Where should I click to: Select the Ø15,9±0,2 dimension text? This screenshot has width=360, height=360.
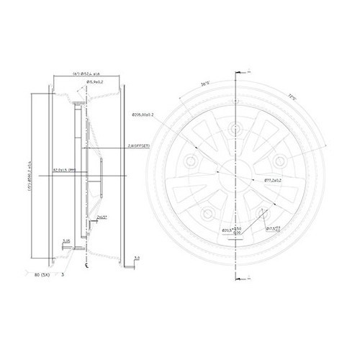(x=98, y=84)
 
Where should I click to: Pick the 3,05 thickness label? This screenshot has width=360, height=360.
(x=66, y=240)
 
